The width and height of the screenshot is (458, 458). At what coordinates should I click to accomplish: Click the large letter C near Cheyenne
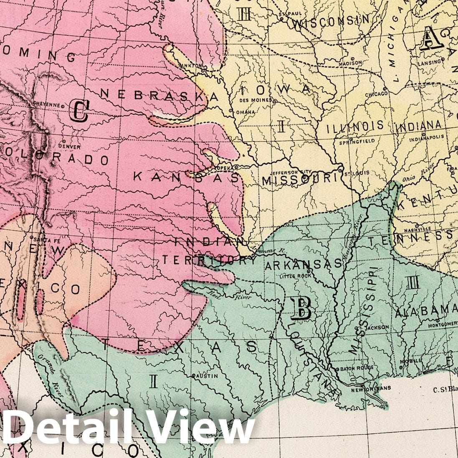pyautogui.click(x=79, y=111)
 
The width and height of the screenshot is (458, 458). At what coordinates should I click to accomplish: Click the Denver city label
pyautogui.click(x=70, y=147)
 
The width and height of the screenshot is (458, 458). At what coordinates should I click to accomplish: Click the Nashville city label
pyautogui.click(x=417, y=229)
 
